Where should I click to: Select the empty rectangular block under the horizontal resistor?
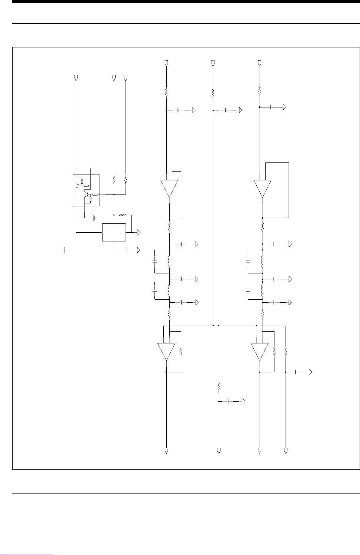[x=114, y=232]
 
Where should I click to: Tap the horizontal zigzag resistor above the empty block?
[x=123, y=215]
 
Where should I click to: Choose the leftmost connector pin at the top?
[x=76, y=77]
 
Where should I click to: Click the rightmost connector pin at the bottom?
[x=286, y=451]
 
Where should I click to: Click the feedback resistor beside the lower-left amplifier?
[x=181, y=352]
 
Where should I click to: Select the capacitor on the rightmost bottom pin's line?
[x=295, y=372]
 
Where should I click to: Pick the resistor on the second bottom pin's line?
[x=219, y=387]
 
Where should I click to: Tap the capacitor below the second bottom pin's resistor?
[x=228, y=401]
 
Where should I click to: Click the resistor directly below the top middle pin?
[x=213, y=91]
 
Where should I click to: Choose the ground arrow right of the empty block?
[x=139, y=232]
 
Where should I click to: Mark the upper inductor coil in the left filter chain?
[x=169, y=262]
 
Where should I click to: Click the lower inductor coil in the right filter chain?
[x=262, y=290]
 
